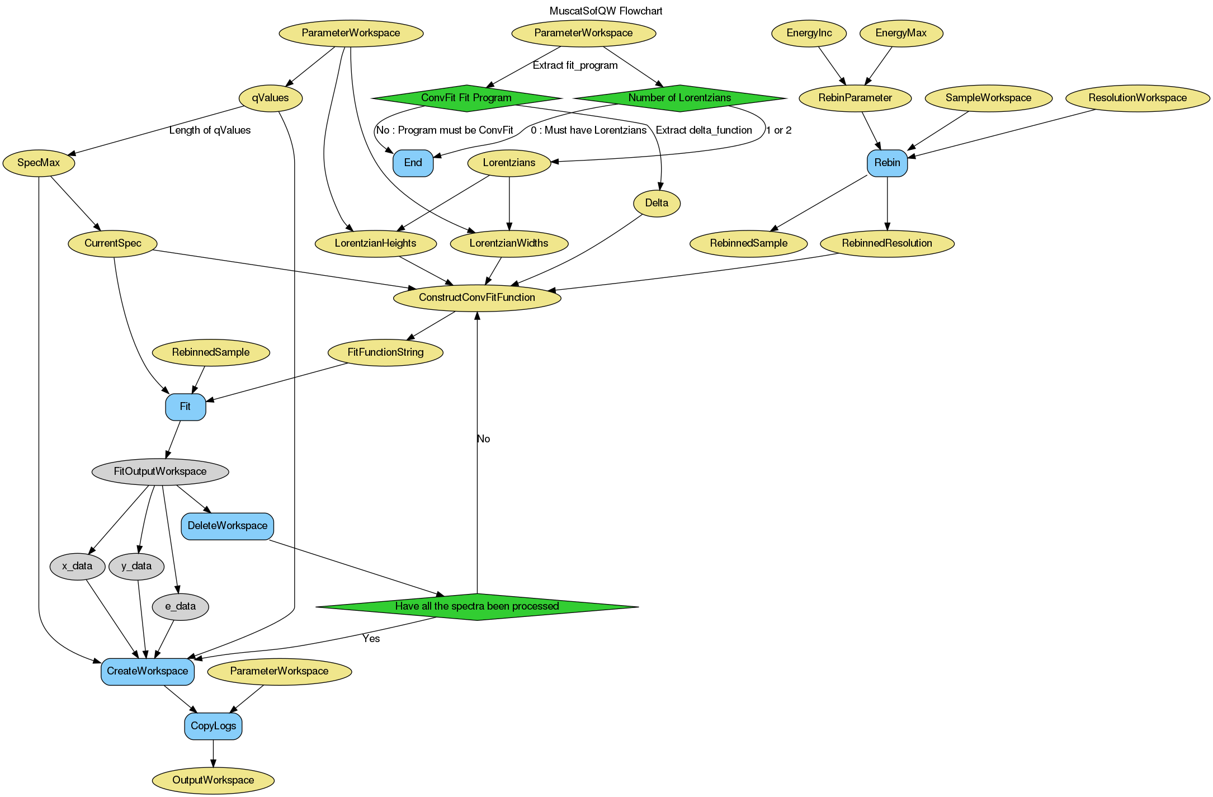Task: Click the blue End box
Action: click(x=413, y=163)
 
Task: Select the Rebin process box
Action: click(x=887, y=163)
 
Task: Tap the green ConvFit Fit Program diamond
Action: click(x=466, y=98)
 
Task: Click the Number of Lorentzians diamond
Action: click(x=679, y=98)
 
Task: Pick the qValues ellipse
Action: click(x=270, y=98)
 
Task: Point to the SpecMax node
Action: click(x=39, y=163)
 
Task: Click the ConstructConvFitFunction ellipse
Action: click(x=477, y=298)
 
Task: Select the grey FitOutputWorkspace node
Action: click(x=160, y=471)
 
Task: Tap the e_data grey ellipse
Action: click(x=180, y=606)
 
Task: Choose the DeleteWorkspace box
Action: click(x=227, y=526)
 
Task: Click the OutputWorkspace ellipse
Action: click(x=213, y=780)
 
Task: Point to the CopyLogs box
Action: click(x=213, y=726)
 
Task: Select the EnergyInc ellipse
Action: click(x=809, y=33)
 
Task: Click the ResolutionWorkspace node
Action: click(x=1137, y=98)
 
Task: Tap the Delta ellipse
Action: click(x=657, y=203)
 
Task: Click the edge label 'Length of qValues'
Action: click(x=210, y=130)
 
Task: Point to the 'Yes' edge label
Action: click(x=371, y=639)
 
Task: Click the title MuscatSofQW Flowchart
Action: click(x=606, y=11)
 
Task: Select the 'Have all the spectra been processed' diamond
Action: click(x=476, y=606)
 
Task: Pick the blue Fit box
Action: click(x=185, y=407)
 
